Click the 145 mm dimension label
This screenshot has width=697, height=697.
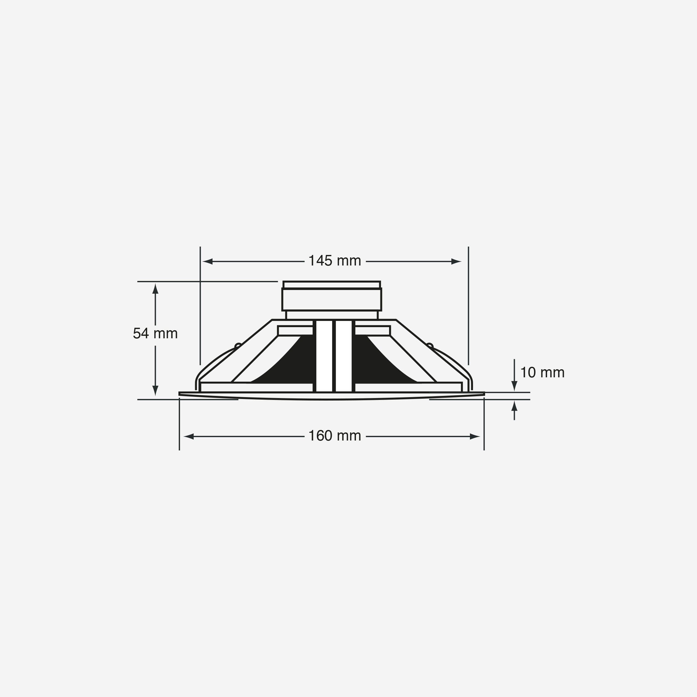click(335, 261)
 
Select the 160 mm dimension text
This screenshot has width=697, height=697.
click(335, 436)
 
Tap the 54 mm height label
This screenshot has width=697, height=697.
click(155, 333)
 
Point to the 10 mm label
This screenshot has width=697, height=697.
click(542, 372)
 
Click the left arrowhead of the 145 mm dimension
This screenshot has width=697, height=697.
click(208, 261)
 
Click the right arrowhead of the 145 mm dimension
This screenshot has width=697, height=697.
click(456, 261)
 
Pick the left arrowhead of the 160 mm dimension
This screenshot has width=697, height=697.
click(189, 436)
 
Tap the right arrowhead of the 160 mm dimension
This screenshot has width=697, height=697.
click(475, 436)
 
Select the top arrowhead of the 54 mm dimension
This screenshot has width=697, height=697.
click(156, 289)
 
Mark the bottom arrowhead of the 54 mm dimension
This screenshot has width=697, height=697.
click(156, 391)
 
